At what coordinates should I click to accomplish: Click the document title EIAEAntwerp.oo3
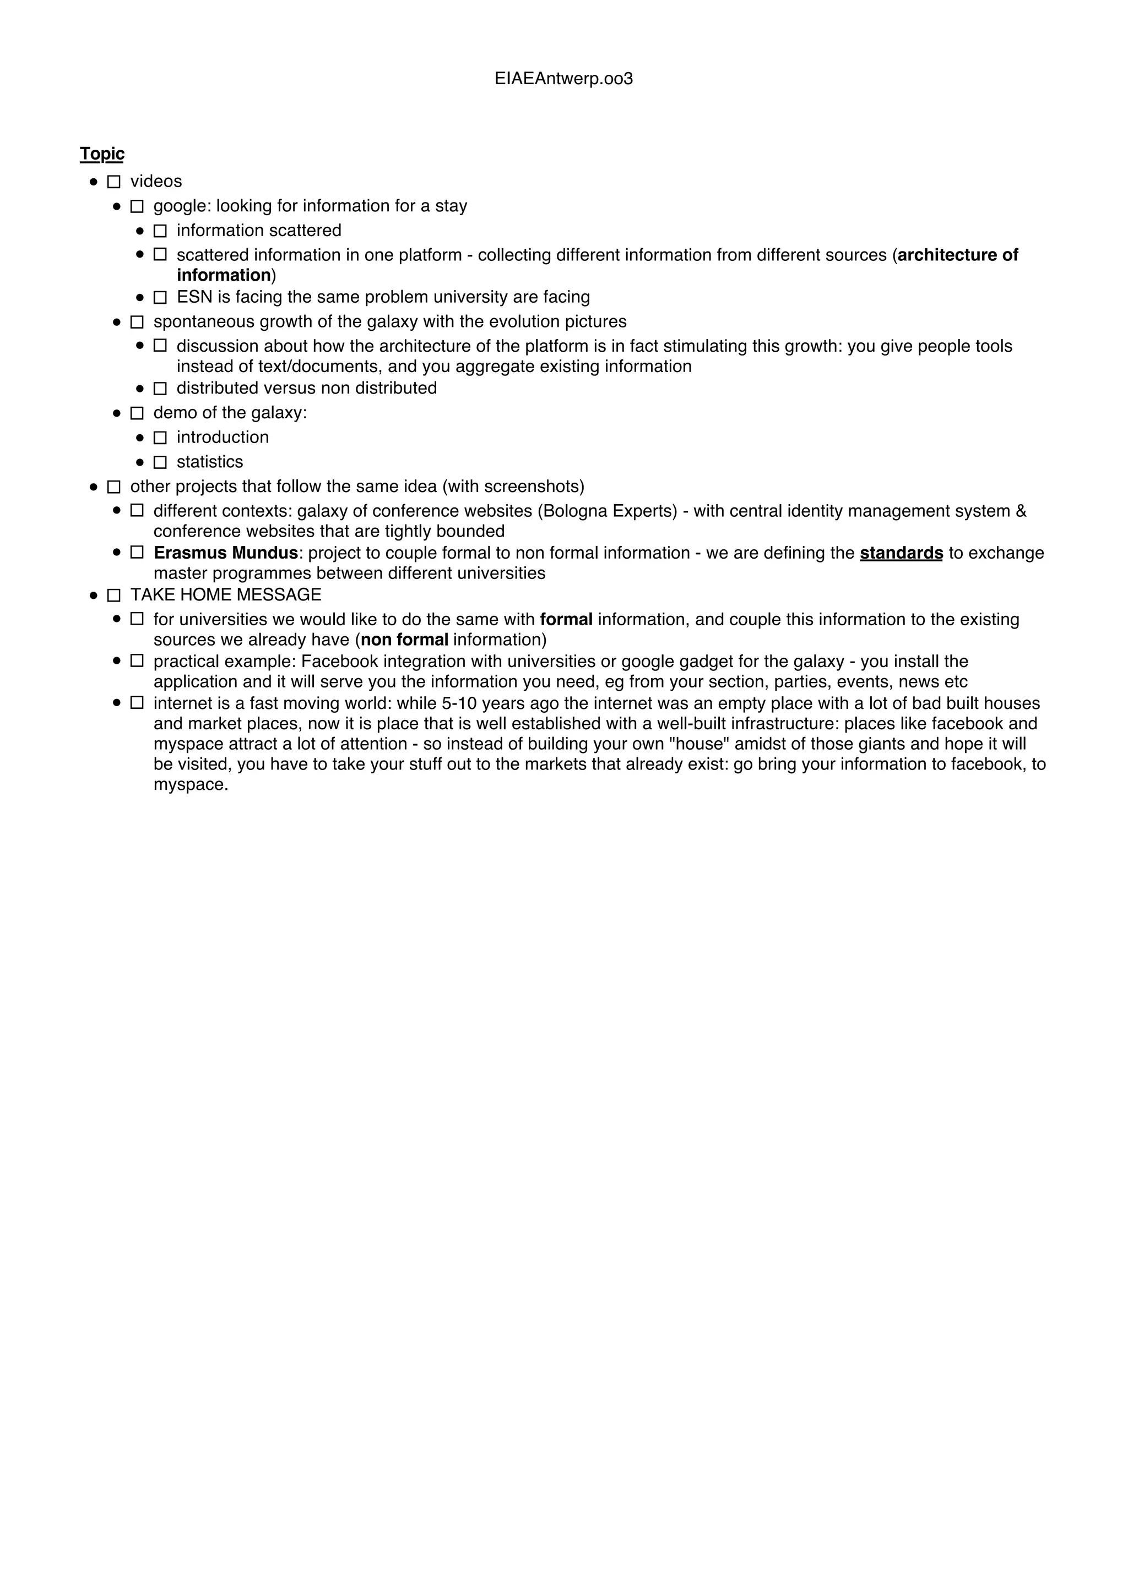[563, 79]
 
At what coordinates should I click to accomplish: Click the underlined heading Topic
[102, 154]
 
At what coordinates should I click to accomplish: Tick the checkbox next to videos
[114, 182]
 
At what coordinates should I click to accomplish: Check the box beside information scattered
[160, 231]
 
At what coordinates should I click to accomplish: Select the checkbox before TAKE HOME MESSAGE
[114, 596]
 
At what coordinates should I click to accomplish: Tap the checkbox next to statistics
[160, 462]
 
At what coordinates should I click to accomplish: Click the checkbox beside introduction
[160, 438]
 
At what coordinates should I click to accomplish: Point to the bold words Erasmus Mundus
[226, 553]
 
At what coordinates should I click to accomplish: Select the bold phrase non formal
[404, 640]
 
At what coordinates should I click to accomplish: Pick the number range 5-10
[459, 704]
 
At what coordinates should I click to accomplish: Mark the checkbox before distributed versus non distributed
[160, 389]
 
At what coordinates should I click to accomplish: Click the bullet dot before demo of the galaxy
[117, 413]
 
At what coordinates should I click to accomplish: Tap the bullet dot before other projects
[94, 487]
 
